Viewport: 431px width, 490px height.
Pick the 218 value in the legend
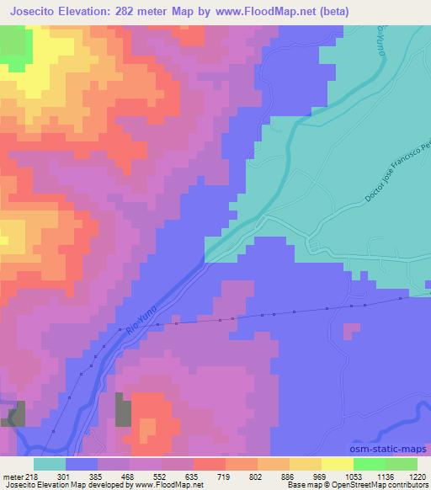point(31,476)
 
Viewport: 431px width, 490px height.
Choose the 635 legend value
point(193,476)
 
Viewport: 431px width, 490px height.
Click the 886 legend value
point(290,476)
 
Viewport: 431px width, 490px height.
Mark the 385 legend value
point(97,476)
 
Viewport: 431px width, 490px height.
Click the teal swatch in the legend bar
point(50,464)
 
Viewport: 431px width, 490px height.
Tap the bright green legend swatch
point(369,464)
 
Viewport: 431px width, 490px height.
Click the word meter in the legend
point(12,476)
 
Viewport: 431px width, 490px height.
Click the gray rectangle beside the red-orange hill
point(124,410)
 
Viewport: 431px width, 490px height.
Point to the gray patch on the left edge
point(13,413)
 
